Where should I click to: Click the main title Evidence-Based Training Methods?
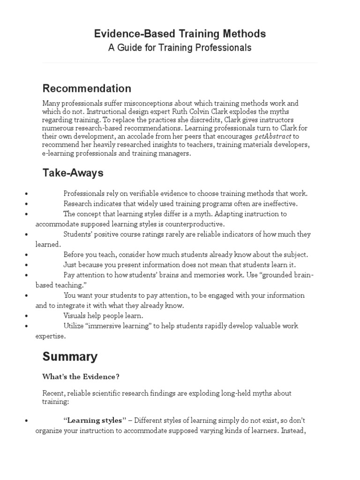(180, 34)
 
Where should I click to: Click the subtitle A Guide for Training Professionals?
(180, 48)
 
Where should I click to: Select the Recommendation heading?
(87, 89)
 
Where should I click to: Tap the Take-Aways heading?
(73, 173)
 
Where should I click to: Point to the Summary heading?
(70, 357)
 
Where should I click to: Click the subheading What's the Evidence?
(81, 376)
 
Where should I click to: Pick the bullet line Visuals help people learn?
(103, 316)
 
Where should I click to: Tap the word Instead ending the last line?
(293, 431)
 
